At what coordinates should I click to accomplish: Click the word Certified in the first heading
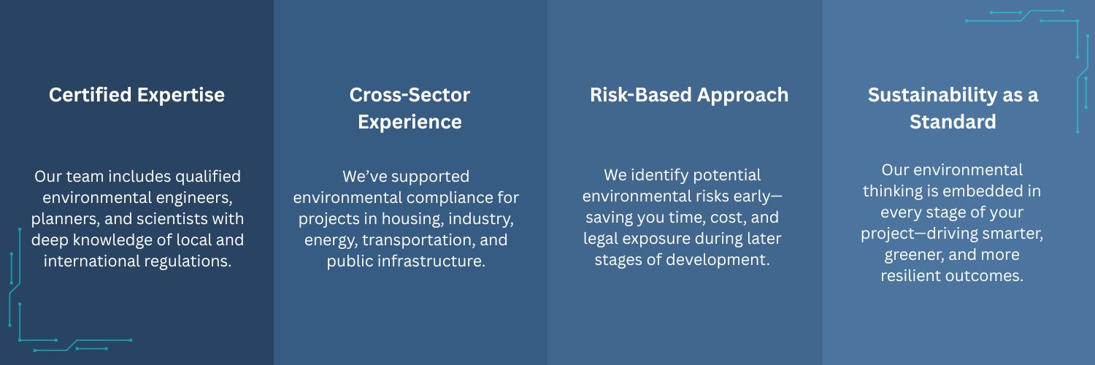coord(91,95)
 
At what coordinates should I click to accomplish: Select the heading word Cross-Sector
coord(410,95)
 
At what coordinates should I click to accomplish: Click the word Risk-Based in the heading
coord(641,95)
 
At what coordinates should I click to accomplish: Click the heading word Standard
coord(953,122)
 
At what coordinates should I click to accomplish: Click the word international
coord(92,261)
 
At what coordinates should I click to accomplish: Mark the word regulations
coord(188,262)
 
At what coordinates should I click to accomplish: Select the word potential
coord(727,175)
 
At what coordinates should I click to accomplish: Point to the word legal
coord(600,239)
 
